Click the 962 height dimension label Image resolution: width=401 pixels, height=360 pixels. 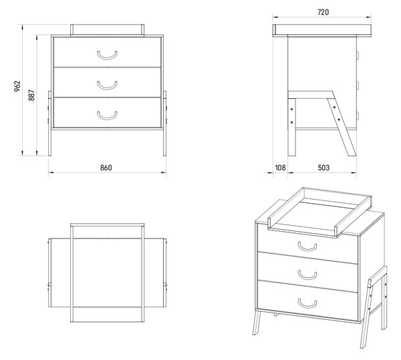(x=17, y=86)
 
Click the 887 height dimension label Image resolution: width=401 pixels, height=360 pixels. (x=31, y=95)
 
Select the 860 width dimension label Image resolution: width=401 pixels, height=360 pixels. (x=106, y=168)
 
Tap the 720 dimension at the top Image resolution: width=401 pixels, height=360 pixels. (x=323, y=12)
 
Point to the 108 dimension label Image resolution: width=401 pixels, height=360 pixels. (x=280, y=168)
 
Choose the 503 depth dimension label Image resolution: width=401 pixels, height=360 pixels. (x=323, y=168)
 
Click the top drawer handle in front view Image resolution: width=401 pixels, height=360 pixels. (x=107, y=55)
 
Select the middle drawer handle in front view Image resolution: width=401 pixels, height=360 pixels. (x=107, y=85)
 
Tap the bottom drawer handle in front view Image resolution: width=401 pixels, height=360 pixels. (x=107, y=116)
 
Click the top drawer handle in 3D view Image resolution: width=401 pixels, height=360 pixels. (x=307, y=246)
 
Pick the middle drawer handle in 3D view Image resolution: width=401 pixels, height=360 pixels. (x=307, y=275)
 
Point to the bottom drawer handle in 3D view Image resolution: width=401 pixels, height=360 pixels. (x=307, y=303)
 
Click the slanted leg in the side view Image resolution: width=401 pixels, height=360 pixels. (x=342, y=127)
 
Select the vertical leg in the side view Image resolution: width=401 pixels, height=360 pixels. (x=292, y=127)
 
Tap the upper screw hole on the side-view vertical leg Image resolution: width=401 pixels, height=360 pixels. (x=292, y=110)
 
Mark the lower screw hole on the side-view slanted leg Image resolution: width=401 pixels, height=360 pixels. (x=339, y=120)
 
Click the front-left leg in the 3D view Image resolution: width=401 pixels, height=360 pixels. (x=257, y=323)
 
